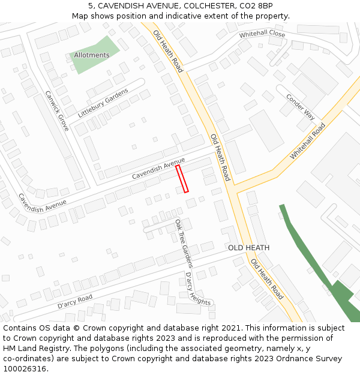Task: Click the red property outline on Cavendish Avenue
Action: [182, 179]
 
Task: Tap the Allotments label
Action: [92, 55]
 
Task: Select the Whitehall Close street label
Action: [262, 34]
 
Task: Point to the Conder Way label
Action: [301, 106]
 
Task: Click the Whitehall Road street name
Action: [308, 141]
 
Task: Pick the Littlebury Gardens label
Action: [103, 103]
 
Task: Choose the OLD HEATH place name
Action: [248, 248]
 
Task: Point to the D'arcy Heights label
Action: [198, 289]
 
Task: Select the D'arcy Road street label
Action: [75, 301]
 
